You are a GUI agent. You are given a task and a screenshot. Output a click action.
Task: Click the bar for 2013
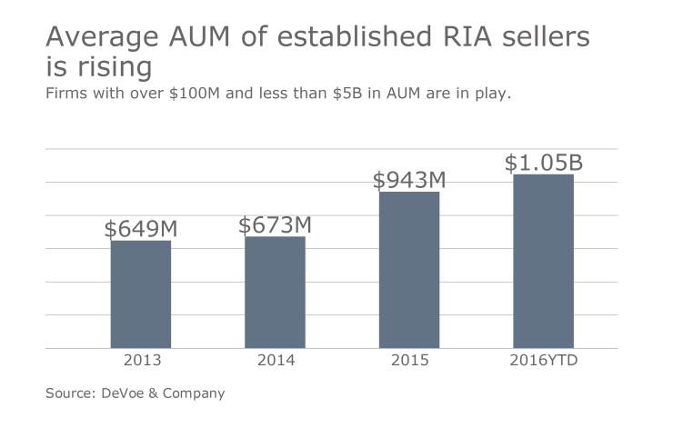141,294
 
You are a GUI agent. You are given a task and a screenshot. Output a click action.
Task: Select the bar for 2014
275,292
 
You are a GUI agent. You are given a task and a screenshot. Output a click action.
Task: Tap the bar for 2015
409,269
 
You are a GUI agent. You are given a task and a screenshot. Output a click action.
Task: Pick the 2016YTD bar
543,261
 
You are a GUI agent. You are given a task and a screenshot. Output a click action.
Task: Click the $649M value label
141,229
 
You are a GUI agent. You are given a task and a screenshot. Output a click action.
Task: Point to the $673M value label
275,225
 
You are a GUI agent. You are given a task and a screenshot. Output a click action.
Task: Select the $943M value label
409,180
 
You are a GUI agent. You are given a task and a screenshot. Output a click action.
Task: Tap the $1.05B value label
543,164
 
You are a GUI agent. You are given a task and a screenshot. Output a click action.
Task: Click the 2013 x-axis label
141,361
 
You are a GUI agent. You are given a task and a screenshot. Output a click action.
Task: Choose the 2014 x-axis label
275,361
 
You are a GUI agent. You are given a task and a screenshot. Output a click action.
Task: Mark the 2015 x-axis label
409,361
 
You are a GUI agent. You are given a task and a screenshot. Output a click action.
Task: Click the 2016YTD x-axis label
543,361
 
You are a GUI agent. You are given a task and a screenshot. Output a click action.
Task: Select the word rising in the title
111,68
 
